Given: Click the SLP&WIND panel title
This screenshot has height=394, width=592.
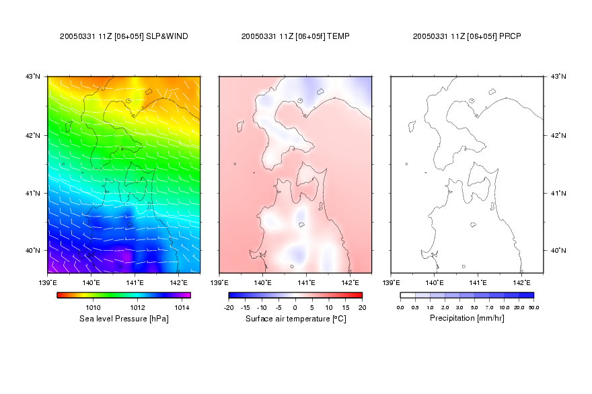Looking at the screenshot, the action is pos(124,36).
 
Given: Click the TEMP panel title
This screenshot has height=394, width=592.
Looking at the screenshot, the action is pos(295,36).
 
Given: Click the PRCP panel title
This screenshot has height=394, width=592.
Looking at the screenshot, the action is pos(467,36).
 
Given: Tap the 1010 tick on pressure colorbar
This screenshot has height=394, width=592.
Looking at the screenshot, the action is pos(93,307).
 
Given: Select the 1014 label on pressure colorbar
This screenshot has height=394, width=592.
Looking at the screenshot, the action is pos(182,307).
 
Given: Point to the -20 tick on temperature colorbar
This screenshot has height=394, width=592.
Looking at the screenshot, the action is pos(229,307).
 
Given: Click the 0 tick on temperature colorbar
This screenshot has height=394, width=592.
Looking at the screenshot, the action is pos(295,307).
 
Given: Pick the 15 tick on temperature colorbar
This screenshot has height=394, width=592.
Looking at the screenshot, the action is pos(346,307).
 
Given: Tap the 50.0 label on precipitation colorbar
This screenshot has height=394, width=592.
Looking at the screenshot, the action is pos(533,307).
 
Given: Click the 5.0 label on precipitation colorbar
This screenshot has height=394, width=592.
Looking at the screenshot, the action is pos(474,307).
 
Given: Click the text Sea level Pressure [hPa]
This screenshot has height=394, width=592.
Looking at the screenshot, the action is pos(124,319).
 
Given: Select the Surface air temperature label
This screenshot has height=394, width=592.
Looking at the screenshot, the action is pos(288,319).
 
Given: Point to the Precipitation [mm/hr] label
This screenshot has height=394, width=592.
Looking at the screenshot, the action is pos(467,318).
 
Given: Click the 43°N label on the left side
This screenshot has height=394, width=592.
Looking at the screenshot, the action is pos(33,76).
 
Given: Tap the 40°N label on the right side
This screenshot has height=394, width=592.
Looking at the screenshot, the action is pos(558,250).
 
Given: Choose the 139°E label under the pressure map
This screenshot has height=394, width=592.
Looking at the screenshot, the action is pos(48,282).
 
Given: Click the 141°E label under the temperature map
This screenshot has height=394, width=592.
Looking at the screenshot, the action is pos(306,282).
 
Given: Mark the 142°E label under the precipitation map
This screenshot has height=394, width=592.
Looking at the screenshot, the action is pos(521,282).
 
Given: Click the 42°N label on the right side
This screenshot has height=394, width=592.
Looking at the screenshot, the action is pos(558,135).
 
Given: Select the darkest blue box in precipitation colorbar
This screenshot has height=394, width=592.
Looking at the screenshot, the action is pos(526,295).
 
